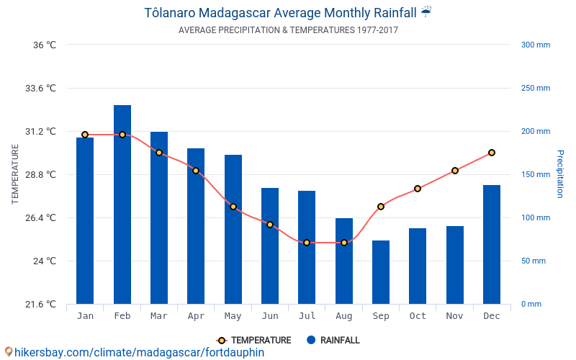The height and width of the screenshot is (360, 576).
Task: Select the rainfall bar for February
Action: tap(122, 204)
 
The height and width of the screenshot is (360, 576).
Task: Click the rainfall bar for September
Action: tap(381, 272)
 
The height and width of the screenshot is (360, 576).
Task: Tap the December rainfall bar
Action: tap(492, 245)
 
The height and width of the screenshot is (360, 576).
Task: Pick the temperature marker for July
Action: tap(307, 243)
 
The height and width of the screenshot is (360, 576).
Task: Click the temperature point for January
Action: tap(85, 135)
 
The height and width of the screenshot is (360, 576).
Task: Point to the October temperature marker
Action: tap(418, 189)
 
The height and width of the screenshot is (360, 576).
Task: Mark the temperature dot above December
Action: tap(492, 153)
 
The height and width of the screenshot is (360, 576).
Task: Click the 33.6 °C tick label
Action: tap(40, 88)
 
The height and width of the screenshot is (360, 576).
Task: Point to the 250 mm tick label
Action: tap(536, 88)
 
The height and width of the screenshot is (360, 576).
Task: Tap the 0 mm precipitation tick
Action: tap(531, 304)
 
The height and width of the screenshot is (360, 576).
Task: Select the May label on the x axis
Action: tap(233, 316)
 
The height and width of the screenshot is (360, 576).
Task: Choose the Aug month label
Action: tap(344, 316)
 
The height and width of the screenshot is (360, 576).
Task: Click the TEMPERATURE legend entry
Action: tap(253, 340)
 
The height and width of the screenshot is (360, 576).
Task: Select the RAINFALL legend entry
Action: tap(333, 340)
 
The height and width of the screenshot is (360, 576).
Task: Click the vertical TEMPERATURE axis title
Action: tap(14, 174)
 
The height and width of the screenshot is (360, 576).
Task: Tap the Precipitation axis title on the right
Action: tap(560, 174)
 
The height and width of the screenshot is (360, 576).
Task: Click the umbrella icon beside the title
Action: tap(426, 12)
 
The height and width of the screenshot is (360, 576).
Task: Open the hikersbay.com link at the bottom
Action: tap(139, 352)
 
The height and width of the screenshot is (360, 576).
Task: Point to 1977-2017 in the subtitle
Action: tap(377, 30)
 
